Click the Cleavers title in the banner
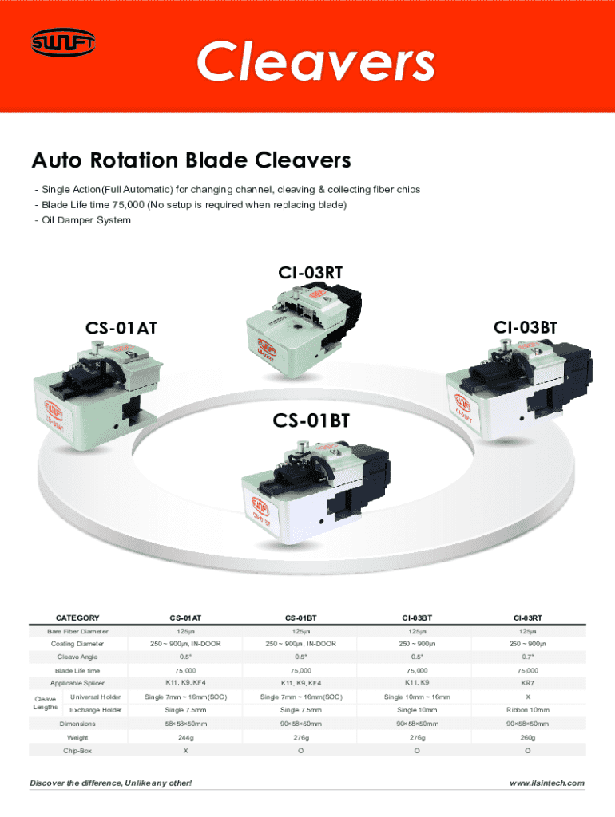click(x=315, y=62)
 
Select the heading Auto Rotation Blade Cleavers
click(x=191, y=161)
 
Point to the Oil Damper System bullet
click(x=82, y=220)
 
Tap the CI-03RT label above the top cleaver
click(x=311, y=273)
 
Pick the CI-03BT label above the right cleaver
click(x=525, y=327)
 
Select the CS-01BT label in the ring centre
click(x=311, y=420)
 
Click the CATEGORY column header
click(x=77, y=618)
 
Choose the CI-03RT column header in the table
click(x=528, y=618)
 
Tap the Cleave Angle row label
click(x=77, y=657)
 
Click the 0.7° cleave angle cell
click(x=528, y=657)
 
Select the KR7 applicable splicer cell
click(x=528, y=684)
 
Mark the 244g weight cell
click(x=185, y=738)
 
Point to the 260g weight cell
click(x=528, y=738)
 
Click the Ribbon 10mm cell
click(x=528, y=710)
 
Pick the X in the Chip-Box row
click(x=185, y=752)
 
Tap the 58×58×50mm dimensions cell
click(x=185, y=724)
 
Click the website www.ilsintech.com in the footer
click(x=547, y=783)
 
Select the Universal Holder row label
click(x=96, y=697)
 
